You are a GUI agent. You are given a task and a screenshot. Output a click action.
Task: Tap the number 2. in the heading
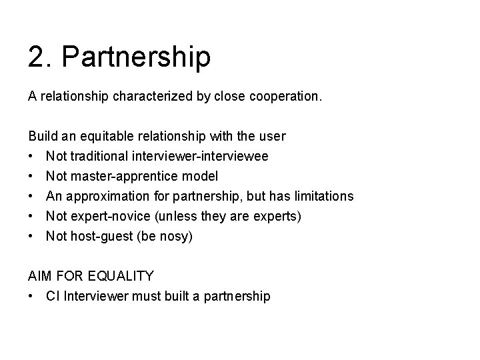tap(41, 57)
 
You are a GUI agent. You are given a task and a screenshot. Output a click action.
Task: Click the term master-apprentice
tap(127, 177)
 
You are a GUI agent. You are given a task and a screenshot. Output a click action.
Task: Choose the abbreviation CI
tap(52, 296)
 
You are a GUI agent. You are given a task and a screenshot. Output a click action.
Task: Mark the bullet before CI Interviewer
tap(31, 296)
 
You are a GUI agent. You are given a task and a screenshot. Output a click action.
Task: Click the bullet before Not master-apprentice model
tap(31, 177)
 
